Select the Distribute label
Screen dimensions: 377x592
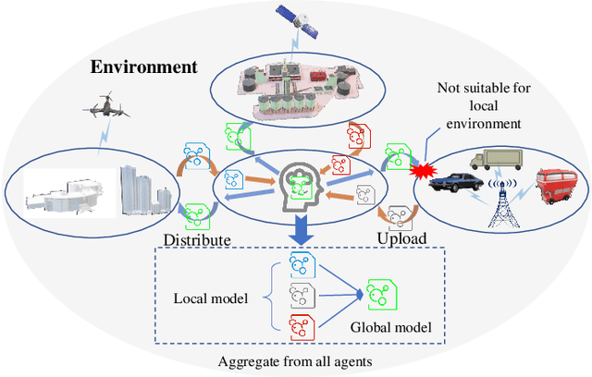[x=196, y=239]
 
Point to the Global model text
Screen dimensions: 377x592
[x=391, y=326]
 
